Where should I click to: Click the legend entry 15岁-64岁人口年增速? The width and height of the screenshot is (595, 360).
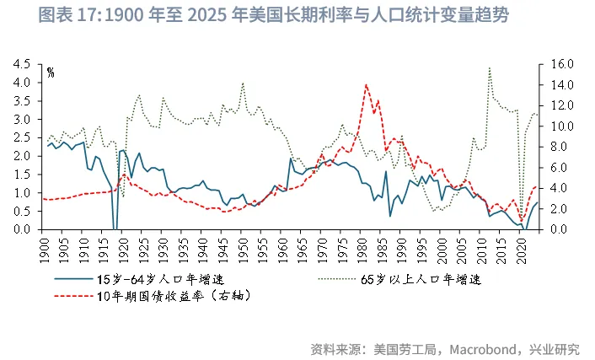[169, 278]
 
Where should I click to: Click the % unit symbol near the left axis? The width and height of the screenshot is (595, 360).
[51, 73]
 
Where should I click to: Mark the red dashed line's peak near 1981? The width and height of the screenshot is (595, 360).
[366, 84]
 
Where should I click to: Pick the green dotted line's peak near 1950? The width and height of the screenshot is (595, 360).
[244, 83]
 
